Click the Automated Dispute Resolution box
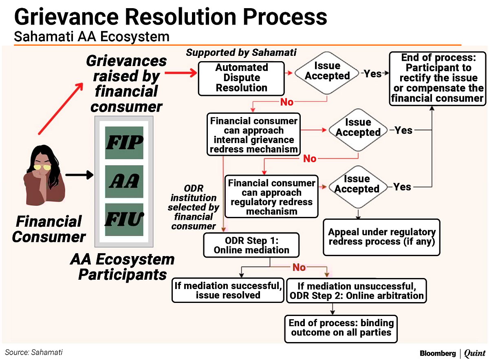(x=241, y=77)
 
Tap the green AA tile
(x=124, y=181)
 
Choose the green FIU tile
(x=124, y=219)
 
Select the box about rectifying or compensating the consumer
(x=437, y=78)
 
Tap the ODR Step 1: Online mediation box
(x=251, y=245)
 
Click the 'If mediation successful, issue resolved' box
(x=228, y=290)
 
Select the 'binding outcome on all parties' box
(x=341, y=328)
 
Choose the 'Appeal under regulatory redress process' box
(x=381, y=237)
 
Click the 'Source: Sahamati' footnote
(x=34, y=352)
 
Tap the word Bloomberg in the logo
(x=438, y=353)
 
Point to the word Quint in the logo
(x=474, y=353)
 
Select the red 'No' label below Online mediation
(x=299, y=267)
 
